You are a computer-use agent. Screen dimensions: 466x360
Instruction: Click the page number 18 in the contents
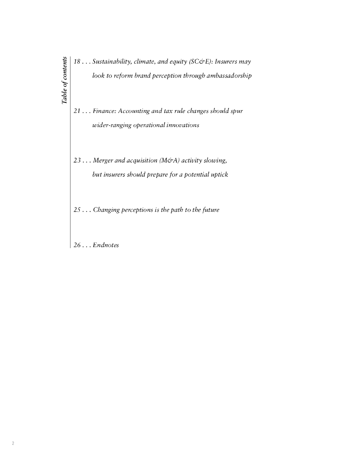77,61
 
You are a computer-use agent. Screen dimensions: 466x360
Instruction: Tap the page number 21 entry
77,111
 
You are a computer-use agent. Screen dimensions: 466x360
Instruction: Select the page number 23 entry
77,161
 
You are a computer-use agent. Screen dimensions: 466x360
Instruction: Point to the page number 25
77,210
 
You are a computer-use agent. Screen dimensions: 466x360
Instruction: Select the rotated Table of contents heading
65,80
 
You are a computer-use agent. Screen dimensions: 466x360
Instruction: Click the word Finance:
104,111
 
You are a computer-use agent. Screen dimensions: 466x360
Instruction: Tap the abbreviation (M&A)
169,161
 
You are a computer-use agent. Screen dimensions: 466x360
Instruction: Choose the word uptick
218,175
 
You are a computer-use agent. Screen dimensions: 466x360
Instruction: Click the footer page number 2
13,443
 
